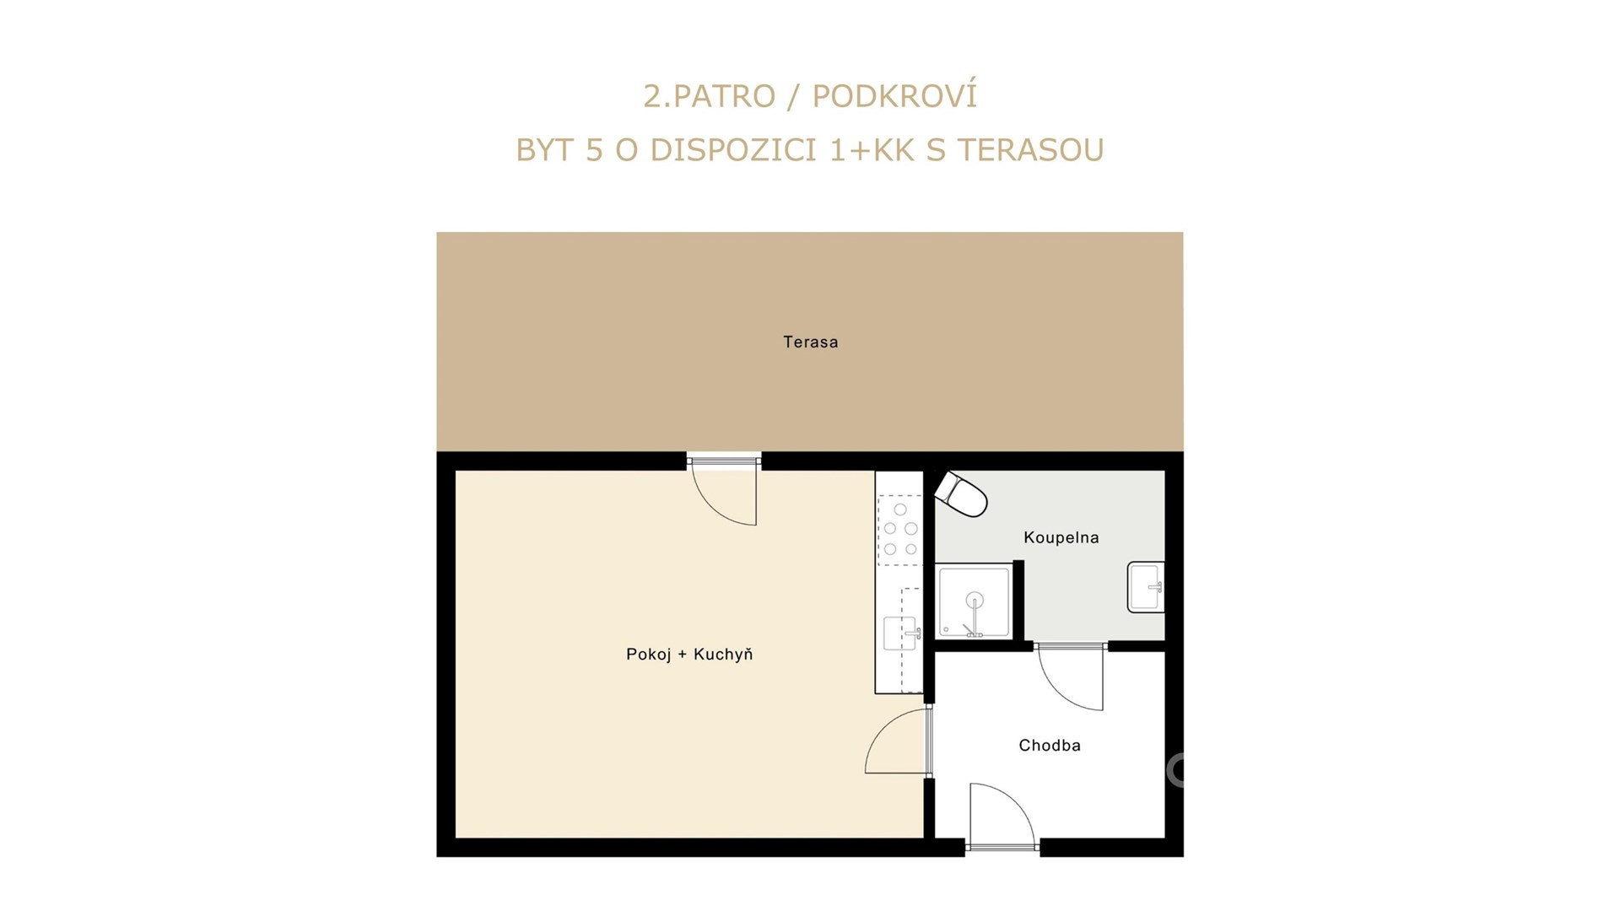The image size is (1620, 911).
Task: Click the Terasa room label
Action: click(810, 342)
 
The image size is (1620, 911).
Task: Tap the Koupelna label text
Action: click(1061, 537)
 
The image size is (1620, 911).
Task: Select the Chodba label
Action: click(1050, 745)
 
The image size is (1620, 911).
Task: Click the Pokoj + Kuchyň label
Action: click(689, 654)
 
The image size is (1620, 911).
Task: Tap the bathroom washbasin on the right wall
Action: click(1146, 586)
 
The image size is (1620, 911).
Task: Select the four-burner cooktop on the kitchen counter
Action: click(900, 530)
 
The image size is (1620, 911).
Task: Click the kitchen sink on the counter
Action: click(900, 633)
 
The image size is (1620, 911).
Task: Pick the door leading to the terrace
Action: click(724, 490)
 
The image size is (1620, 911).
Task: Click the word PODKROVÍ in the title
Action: click(894, 96)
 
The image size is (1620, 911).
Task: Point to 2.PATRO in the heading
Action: click(709, 97)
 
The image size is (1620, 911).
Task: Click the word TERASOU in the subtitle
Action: click(1031, 150)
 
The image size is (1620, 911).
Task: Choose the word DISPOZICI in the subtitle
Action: click(733, 150)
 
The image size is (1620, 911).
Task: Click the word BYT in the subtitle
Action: click(544, 150)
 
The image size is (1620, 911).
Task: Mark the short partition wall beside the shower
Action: click(1018, 601)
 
